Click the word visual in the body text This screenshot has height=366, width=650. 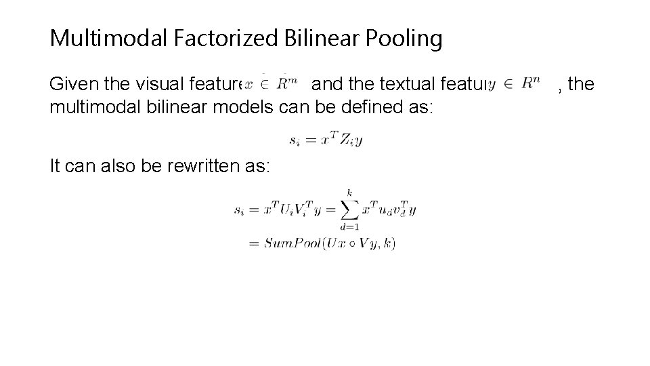(148, 85)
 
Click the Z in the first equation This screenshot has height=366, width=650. (345, 141)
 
